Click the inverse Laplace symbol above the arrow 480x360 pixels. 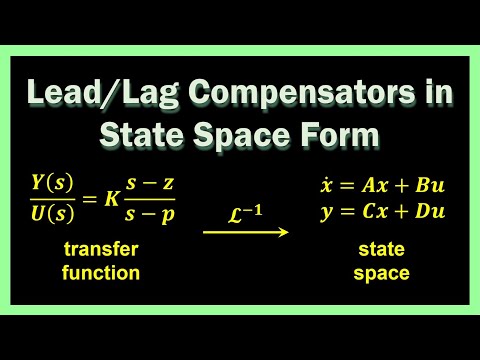click(x=244, y=211)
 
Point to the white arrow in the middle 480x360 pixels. click(x=245, y=232)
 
